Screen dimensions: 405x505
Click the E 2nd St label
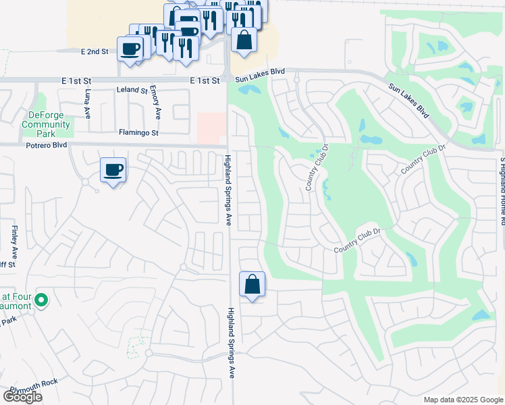pyautogui.click(x=95, y=51)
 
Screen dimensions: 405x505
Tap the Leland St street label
pyautogui.click(x=132, y=90)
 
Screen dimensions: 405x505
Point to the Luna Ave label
pyautogui.click(x=88, y=104)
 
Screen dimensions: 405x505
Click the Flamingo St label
pyautogui.click(x=138, y=133)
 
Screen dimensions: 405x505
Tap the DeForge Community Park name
pyautogui.click(x=46, y=119)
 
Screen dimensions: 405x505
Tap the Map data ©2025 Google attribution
pyautogui.click(x=463, y=400)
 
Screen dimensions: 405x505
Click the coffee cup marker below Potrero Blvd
pyautogui.click(x=113, y=170)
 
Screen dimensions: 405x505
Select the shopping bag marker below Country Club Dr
pyautogui.click(x=252, y=284)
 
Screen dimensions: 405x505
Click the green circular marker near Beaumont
pyautogui.click(x=41, y=300)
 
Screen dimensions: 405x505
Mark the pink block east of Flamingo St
pyautogui.click(x=211, y=127)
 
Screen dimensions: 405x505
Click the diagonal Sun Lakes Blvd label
pyautogui.click(x=410, y=101)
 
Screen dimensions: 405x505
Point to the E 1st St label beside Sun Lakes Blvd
pyautogui.click(x=205, y=80)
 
